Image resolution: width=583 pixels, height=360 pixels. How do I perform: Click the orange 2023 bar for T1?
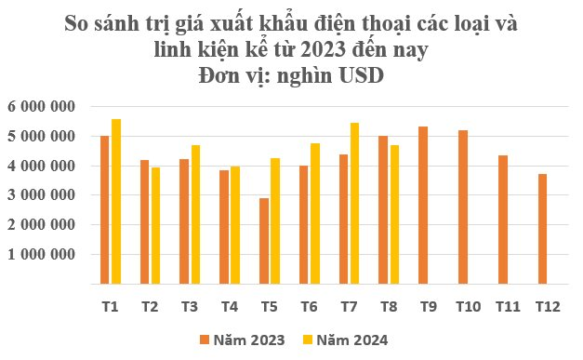click(105, 209)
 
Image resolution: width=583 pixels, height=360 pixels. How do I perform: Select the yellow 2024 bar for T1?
click(115, 201)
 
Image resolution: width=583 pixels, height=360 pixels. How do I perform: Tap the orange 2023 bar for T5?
click(264, 240)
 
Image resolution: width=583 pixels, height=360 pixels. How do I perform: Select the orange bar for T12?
click(541, 228)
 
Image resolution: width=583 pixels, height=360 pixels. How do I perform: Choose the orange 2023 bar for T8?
click(382, 209)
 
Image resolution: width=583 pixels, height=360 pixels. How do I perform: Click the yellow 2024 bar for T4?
click(234, 224)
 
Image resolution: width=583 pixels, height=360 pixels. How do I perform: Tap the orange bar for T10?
click(462, 207)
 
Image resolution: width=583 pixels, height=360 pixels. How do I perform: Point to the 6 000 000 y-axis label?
click(41, 107)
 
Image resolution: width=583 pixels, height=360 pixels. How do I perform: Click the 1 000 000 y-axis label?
click(41, 254)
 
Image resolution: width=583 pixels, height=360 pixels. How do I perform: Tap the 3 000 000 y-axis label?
click(41, 195)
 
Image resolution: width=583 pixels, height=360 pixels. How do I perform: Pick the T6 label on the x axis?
click(308, 306)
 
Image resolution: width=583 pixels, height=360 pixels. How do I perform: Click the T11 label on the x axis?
click(506, 306)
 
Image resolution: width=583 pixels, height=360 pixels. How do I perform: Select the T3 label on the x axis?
click(189, 306)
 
